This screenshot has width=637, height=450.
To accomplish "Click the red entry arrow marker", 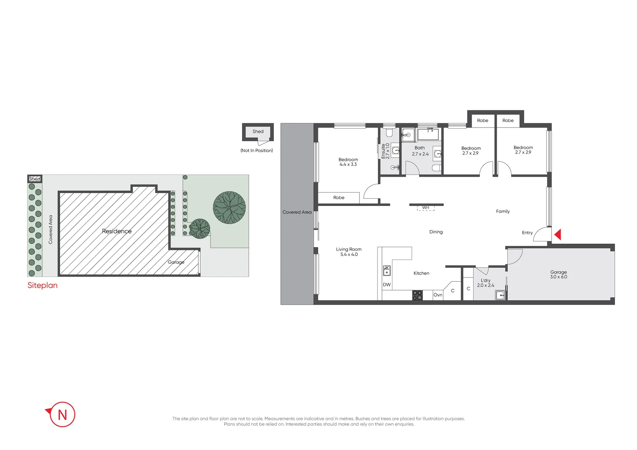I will click(558, 235).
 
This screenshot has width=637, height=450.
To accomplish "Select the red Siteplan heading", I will click(42, 285).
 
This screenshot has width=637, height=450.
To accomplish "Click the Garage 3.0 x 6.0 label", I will click(558, 275).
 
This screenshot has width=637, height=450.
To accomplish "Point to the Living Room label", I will click(349, 252).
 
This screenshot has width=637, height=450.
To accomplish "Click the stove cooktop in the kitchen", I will click(417, 295).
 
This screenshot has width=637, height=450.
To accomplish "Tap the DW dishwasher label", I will click(387, 285).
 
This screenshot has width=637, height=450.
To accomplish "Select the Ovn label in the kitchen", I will click(437, 295).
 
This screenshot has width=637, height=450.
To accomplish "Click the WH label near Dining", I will click(425, 207).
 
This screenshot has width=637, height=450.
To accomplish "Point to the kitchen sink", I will click(387, 271).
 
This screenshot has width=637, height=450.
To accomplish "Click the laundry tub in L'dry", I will click(500, 295).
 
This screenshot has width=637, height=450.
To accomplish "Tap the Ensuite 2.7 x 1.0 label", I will click(385, 151).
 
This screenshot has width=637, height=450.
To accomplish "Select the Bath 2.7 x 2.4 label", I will click(420, 151).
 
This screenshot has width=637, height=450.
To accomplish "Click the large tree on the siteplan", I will click(229, 207).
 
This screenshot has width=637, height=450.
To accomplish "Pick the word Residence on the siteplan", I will click(117, 231).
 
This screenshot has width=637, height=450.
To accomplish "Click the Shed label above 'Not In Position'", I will click(258, 132).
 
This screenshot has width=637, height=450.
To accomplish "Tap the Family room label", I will click(502, 212).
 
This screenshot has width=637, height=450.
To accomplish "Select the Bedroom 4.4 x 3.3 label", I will click(348, 162).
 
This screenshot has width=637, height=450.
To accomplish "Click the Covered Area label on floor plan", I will click(297, 212).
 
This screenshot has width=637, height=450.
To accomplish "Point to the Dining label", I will click(436, 232).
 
